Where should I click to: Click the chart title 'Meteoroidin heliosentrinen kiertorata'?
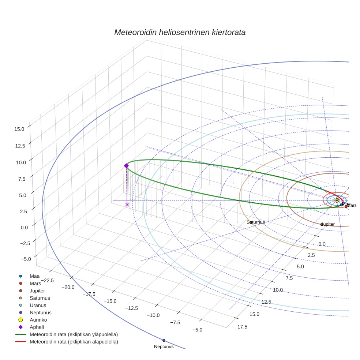(180, 32)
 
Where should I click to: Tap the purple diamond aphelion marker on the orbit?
(126, 166)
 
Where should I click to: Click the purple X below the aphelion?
(127, 205)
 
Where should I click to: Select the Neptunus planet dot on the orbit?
(164, 340)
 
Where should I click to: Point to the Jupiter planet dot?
(322, 224)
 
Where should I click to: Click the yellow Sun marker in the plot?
(337, 200)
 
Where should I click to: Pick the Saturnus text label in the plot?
(255, 222)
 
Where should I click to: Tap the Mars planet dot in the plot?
(346, 206)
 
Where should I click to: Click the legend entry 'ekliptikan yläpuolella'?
(73, 334)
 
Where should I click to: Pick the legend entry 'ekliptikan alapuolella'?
(74, 342)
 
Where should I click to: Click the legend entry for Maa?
(34, 276)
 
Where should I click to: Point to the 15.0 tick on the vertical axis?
(19, 129)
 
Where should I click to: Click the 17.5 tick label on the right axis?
(242, 327)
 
